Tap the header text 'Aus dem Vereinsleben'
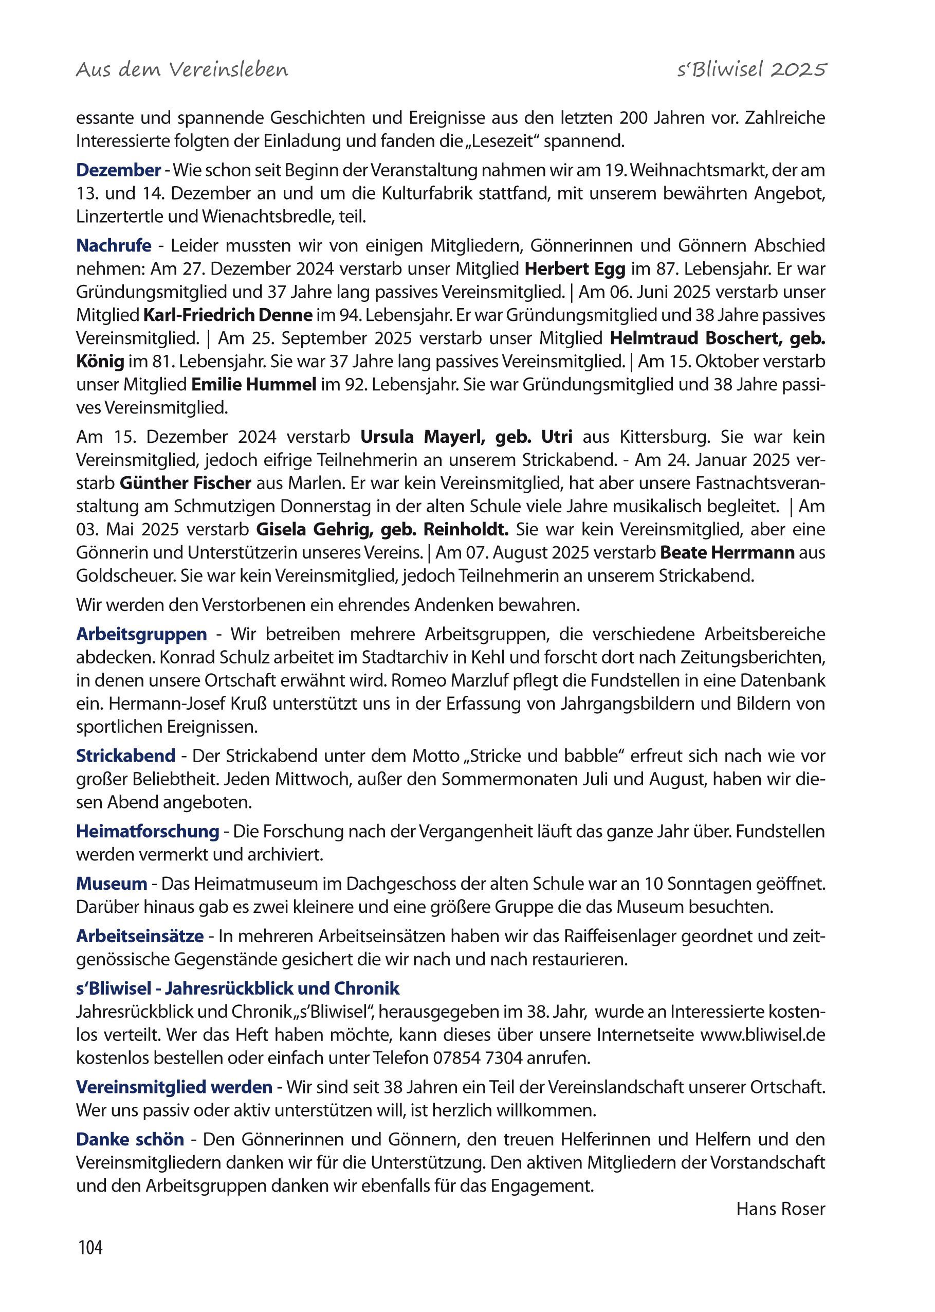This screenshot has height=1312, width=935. tap(182, 70)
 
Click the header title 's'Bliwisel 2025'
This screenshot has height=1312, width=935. tap(751, 70)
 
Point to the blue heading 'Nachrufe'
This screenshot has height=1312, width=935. tap(114, 246)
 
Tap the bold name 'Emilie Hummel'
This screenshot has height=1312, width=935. tap(253, 385)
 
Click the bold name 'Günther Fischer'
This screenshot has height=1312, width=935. tap(186, 483)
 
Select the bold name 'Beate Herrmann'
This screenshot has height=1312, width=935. tap(727, 552)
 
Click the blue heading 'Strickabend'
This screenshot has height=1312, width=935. tap(125, 756)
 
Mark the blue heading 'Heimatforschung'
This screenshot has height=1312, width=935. tap(148, 831)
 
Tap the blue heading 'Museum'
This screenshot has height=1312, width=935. tap(112, 884)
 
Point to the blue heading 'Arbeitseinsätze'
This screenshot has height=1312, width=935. tap(140, 936)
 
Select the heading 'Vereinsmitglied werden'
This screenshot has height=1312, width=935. tap(174, 1087)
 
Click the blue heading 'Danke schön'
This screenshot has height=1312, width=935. tap(130, 1139)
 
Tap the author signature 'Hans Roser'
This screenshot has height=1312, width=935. tap(780, 1209)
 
